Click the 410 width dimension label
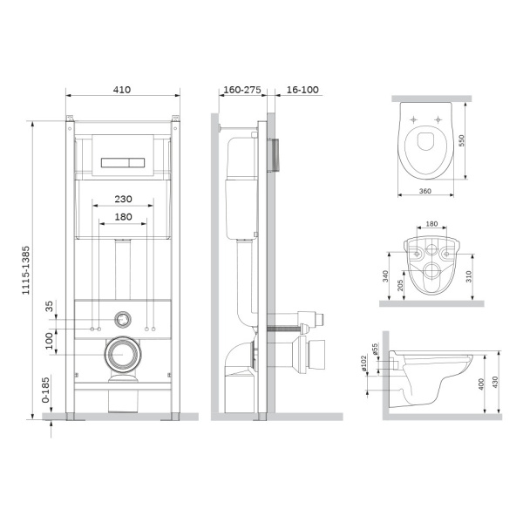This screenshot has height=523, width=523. pyautogui.click(x=123, y=88)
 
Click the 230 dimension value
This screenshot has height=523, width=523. pyautogui.click(x=123, y=198)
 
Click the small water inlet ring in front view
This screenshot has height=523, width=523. pyautogui.click(x=124, y=319)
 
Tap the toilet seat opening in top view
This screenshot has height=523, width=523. pyautogui.click(x=428, y=142)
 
